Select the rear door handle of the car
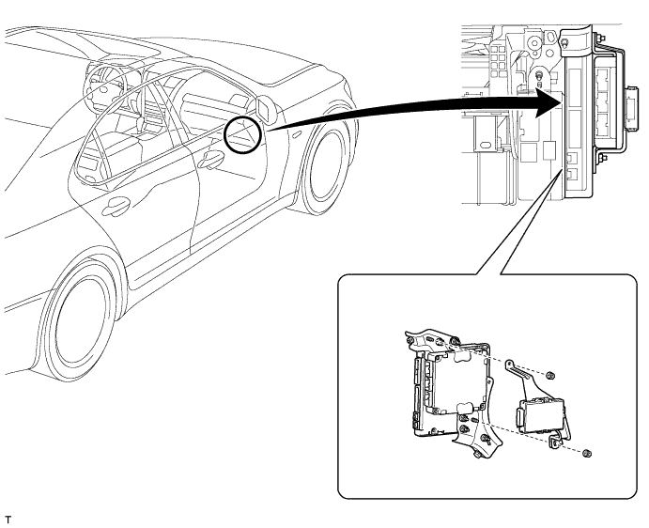pyautogui.click(x=116, y=206)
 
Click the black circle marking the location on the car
pyautogui.click(x=243, y=133)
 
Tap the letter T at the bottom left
pyautogui.click(x=8, y=518)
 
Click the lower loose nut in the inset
pyautogui.click(x=585, y=454)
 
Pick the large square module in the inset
pyautogui.click(x=447, y=386)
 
